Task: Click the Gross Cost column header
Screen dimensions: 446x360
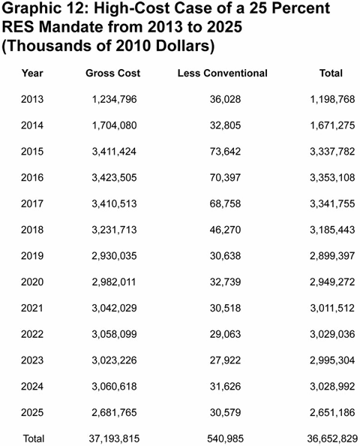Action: [113, 73]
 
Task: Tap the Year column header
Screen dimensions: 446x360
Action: [32, 73]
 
